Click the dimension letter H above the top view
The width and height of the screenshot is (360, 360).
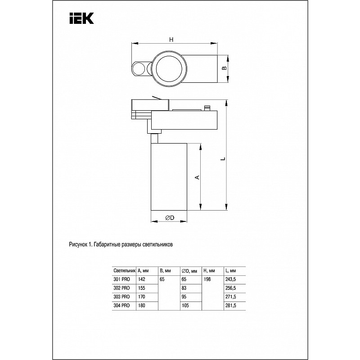[171, 40]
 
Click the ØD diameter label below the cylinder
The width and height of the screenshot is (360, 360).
[170, 218]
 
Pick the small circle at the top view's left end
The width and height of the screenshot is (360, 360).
[138, 69]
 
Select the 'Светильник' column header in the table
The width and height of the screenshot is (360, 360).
[124, 271]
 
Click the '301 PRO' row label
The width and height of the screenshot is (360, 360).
[121, 279]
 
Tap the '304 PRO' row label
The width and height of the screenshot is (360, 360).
[121, 305]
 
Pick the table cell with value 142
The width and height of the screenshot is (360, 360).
[142, 279]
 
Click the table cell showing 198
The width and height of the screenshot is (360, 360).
[208, 279]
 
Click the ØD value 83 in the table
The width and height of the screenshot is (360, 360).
[184, 288]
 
